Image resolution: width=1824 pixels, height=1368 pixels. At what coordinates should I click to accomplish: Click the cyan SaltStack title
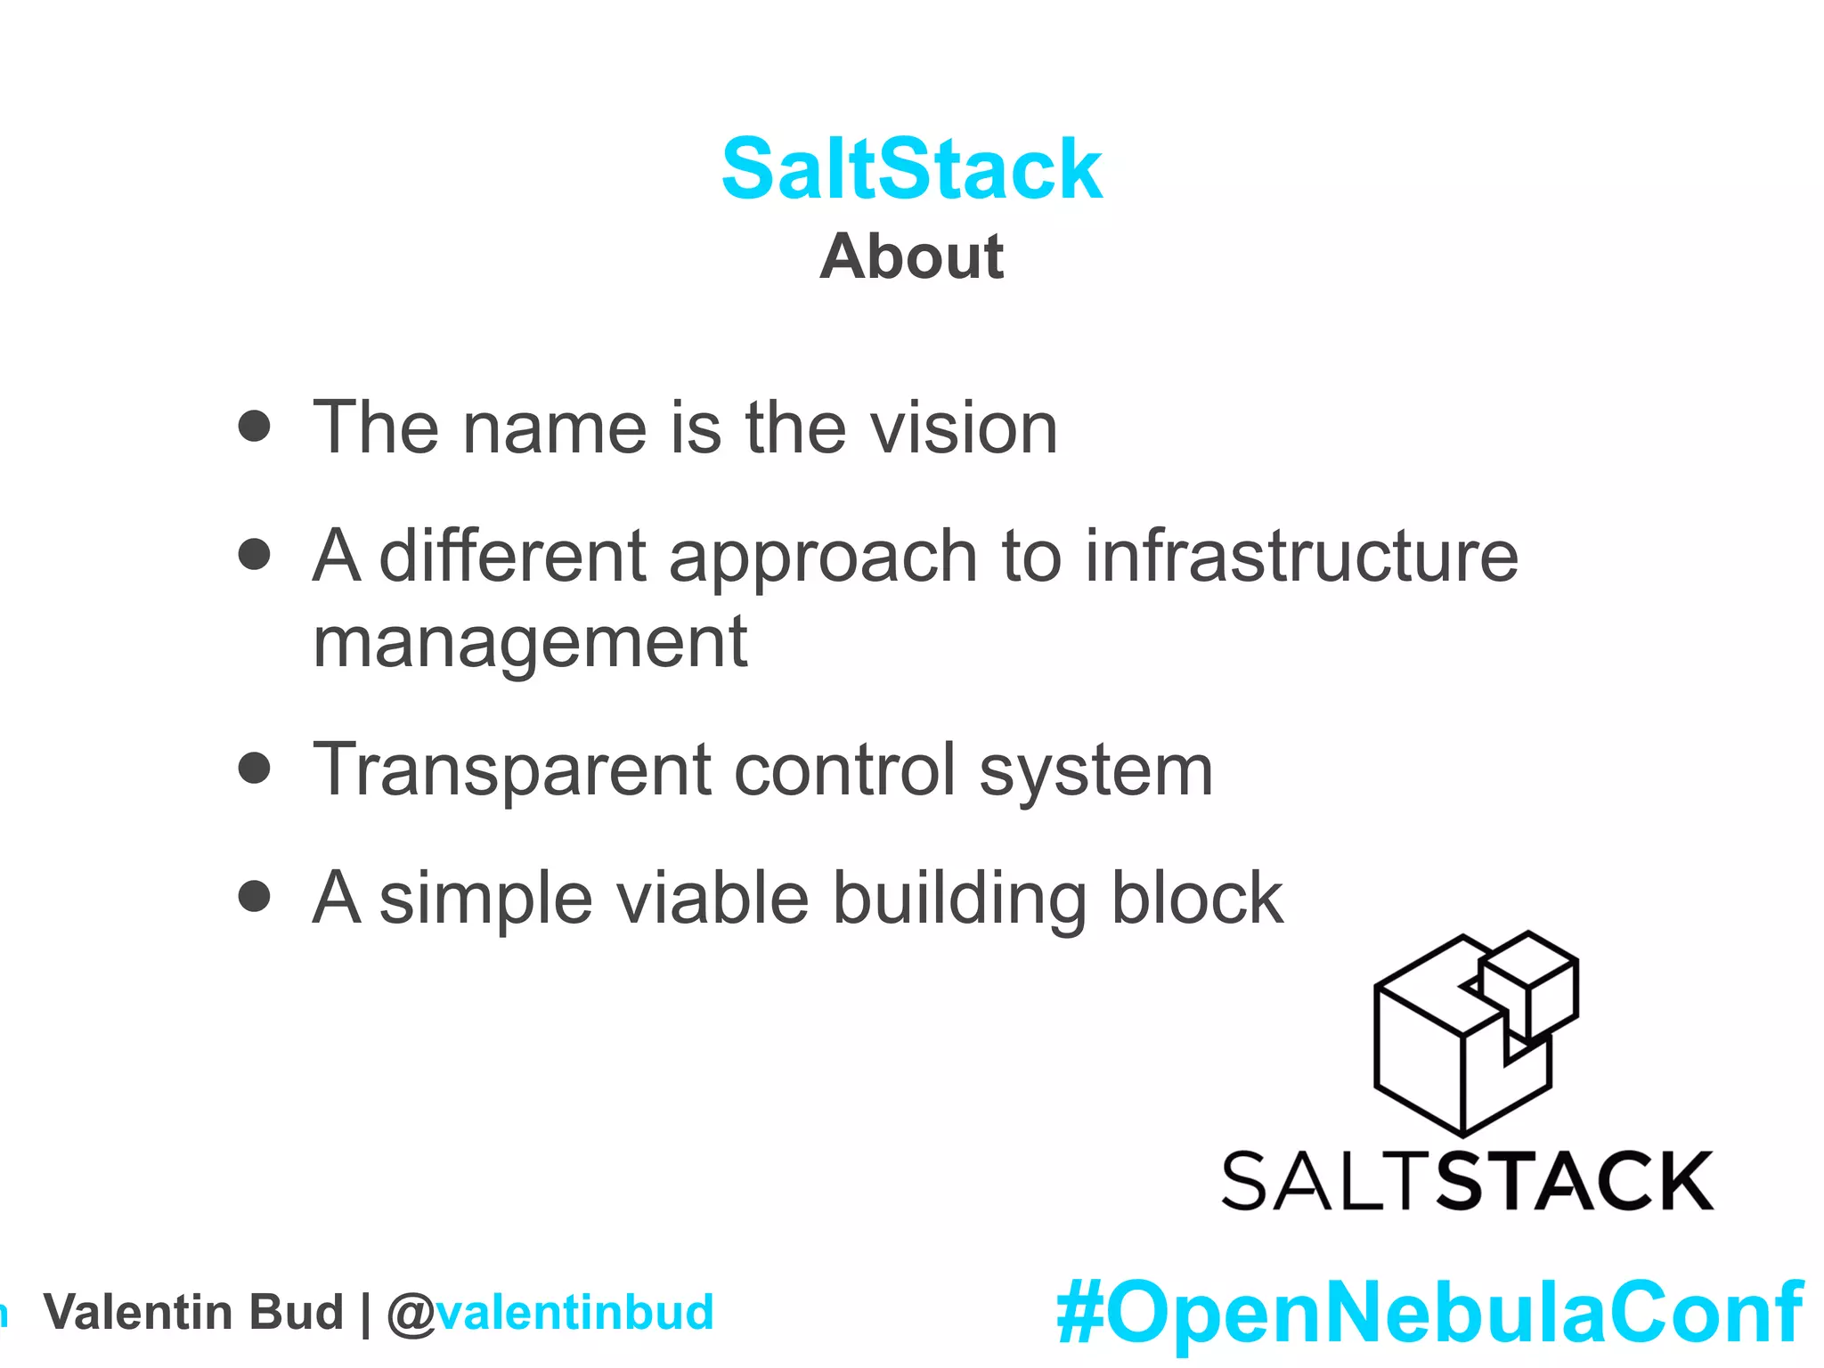[x=912, y=169]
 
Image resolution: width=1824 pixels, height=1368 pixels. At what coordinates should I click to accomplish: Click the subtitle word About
[x=912, y=256]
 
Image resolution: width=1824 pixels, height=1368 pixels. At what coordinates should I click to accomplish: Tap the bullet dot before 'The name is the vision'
[x=255, y=426]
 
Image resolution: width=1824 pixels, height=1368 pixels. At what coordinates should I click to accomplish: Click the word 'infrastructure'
[x=1301, y=556]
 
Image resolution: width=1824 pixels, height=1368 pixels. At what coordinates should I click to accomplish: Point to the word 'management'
[x=530, y=643]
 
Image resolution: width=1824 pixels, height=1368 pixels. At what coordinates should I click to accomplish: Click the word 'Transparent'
[x=512, y=771]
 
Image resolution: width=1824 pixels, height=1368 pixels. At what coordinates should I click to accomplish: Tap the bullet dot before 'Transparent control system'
[x=255, y=768]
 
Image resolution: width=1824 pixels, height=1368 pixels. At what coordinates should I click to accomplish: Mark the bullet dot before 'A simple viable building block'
[x=255, y=896]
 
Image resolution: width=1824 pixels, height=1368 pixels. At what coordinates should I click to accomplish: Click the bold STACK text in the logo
[x=1575, y=1181]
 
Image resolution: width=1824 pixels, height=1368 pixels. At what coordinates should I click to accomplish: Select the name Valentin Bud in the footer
[x=193, y=1313]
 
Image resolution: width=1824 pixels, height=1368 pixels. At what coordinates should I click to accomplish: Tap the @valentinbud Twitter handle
[x=550, y=1313]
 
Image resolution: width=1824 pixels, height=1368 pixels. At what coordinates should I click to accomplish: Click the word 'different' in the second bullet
[x=513, y=556]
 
